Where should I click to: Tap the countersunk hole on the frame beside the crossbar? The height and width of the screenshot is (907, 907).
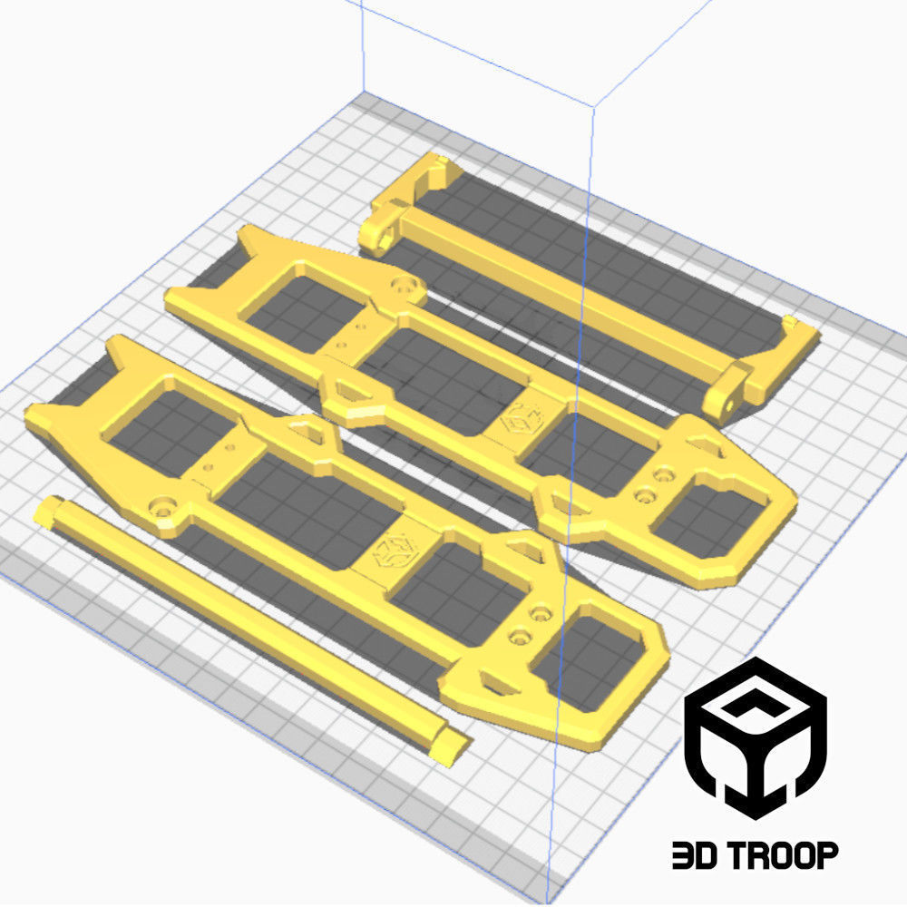405,288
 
